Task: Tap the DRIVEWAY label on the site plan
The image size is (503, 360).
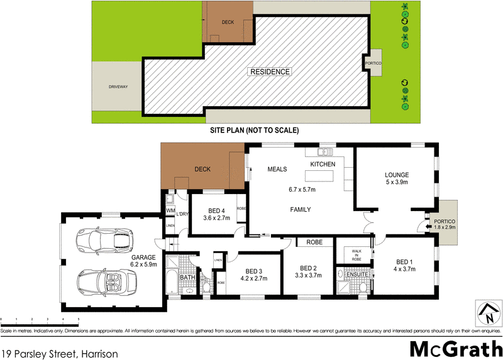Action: pos(118,87)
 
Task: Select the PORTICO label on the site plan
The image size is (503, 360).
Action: pos(373,64)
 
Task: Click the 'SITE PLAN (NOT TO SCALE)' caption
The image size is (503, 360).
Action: pos(254,131)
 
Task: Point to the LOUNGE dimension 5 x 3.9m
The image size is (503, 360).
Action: pos(397,183)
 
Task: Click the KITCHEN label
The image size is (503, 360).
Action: pos(323,164)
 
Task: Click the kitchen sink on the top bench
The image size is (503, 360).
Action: pos(324,151)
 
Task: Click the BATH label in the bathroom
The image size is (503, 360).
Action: pos(187,277)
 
